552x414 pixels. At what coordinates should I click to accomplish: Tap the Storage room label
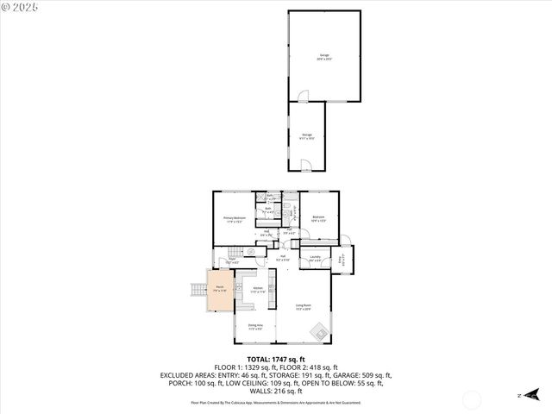point(307,135)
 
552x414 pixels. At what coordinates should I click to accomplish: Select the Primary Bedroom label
point(234,219)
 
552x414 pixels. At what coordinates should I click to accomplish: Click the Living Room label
point(303,306)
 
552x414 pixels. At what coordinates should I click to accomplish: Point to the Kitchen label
point(257,291)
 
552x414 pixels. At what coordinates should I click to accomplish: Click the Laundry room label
point(315,258)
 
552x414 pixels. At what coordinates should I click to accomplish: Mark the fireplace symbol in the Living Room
point(318,331)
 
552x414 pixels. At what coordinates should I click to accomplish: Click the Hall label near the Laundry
point(282,256)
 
